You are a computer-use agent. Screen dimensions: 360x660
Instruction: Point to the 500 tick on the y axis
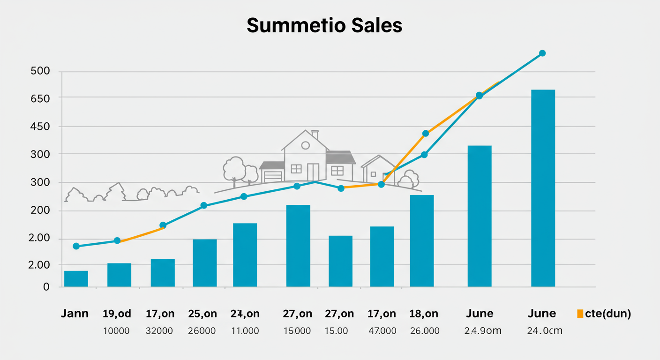(40, 72)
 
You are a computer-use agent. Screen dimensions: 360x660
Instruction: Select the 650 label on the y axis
(40, 97)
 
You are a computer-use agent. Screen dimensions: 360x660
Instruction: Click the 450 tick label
(40, 127)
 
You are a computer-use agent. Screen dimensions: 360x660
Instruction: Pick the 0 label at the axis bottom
(46, 286)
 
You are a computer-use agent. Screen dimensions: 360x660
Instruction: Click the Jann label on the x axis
(75, 314)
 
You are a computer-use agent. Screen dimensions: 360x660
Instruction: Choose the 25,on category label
(202, 314)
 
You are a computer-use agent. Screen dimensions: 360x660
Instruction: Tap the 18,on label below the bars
(424, 314)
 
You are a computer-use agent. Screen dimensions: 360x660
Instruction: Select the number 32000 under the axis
(159, 331)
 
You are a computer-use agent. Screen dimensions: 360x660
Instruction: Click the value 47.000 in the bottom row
(382, 331)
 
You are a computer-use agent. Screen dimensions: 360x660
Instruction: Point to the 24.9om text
(483, 331)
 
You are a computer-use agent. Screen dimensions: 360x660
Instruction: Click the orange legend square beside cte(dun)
(580, 314)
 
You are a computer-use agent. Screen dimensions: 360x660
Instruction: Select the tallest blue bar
(543, 187)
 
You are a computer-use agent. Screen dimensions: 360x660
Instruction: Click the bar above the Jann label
(76, 278)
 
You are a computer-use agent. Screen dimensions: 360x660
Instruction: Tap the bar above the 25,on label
(205, 262)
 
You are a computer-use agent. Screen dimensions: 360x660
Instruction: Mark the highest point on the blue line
(542, 53)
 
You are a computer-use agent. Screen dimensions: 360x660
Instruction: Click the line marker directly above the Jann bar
(76, 246)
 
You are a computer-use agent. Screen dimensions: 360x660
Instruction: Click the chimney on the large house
(315, 135)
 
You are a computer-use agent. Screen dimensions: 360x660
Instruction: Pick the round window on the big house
(305, 145)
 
